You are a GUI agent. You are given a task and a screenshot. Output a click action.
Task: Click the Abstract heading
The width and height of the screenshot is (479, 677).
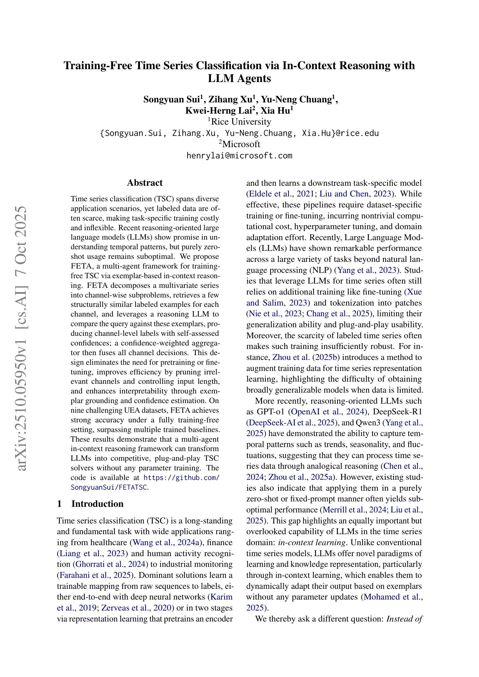pyautogui.click(x=145, y=183)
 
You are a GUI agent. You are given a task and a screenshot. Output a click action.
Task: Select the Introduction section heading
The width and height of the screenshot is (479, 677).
pyautogui.click(x=97, y=504)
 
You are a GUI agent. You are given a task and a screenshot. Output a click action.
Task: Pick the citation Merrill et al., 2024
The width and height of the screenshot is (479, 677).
pyautogui.click(x=355, y=510)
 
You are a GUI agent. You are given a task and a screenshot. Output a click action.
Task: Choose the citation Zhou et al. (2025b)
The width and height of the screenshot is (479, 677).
pyautogui.click(x=306, y=357)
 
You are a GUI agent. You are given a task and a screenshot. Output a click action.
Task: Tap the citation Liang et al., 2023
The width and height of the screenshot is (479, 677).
pyautogui.click(x=92, y=553)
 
